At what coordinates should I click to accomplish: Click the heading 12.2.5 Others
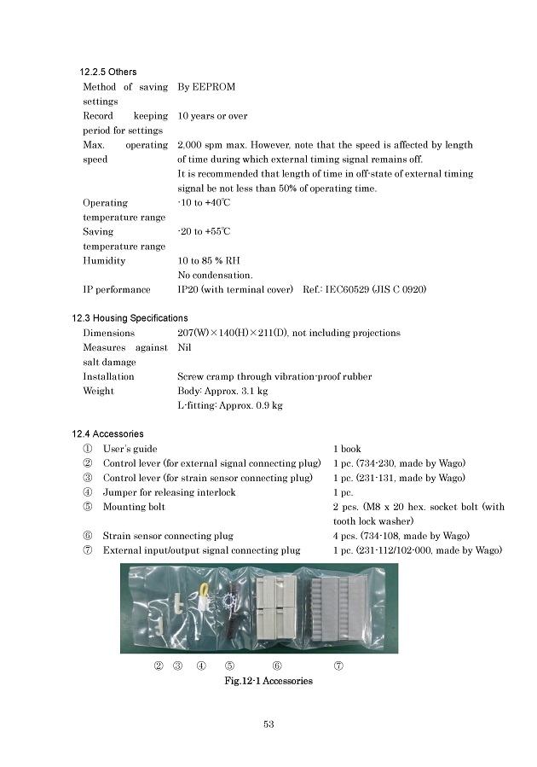108,72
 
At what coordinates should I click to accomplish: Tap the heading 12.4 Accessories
107,434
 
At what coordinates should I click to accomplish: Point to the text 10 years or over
212,116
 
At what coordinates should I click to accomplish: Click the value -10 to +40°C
204,203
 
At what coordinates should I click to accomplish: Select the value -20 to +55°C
204,232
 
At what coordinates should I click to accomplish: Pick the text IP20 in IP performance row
188,290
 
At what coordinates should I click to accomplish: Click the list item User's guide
130,449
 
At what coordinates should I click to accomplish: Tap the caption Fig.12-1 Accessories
268,681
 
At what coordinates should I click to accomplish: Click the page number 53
268,724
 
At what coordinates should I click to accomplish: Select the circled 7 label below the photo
338,666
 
